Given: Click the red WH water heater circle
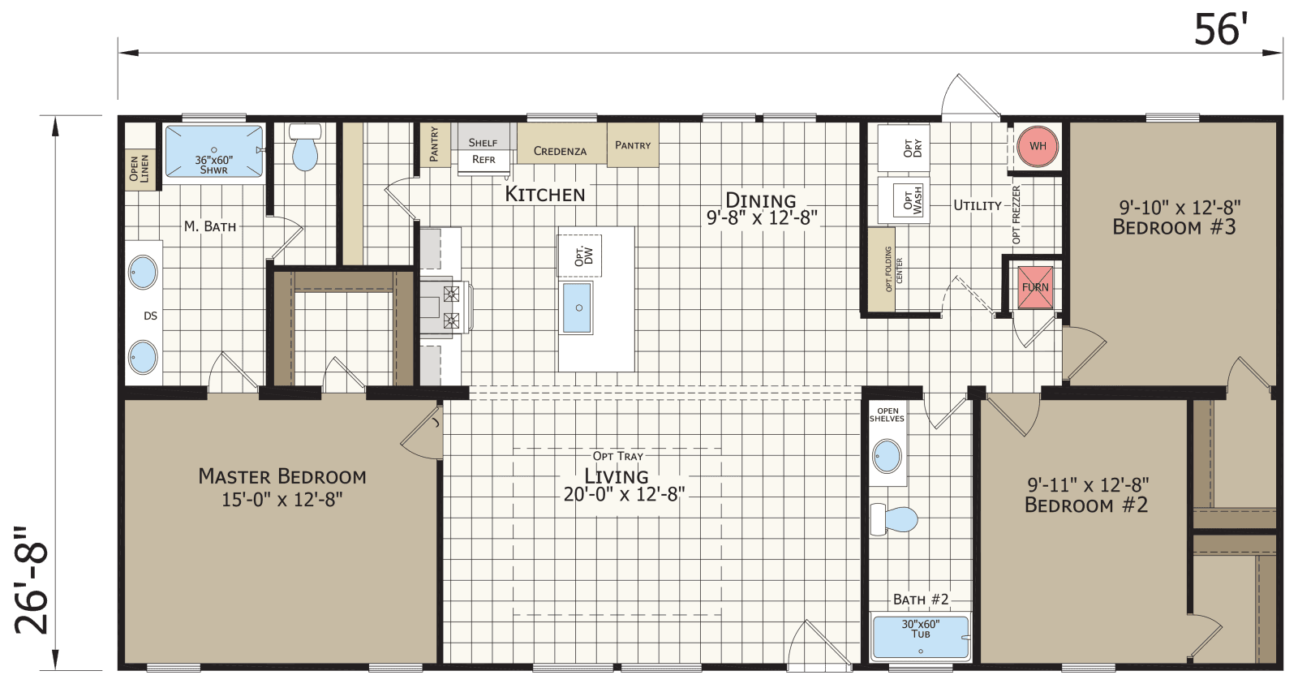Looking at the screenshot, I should (1038, 146).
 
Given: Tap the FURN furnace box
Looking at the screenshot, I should (1036, 287).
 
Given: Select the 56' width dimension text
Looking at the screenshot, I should (1219, 31).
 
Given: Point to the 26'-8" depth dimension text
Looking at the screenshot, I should (33, 579).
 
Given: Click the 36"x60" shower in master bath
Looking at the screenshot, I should (214, 152).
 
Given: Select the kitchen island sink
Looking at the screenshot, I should (577, 307).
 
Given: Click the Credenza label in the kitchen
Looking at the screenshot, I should (560, 151).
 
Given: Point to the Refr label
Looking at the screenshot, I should (484, 160).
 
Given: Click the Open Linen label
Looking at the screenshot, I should (140, 169).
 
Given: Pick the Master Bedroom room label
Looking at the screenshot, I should (282, 477).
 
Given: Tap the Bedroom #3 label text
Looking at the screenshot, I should (1174, 228).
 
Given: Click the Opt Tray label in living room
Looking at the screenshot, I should (617, 456).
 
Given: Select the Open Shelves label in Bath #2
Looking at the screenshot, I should (887, 415).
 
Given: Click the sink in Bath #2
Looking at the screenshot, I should (887, 457).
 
